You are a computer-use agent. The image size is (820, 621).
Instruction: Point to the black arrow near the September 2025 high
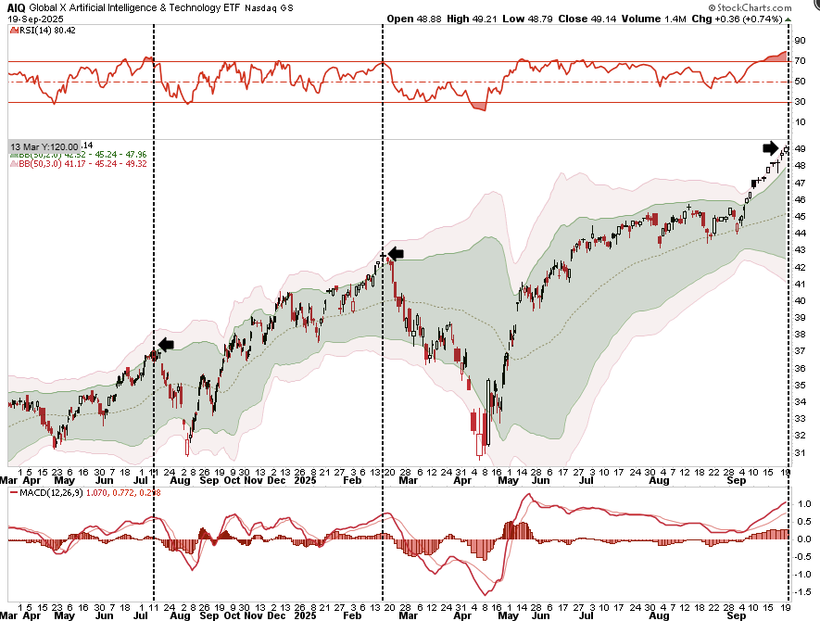point(771,147)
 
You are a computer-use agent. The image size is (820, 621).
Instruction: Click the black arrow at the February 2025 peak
point(396,253)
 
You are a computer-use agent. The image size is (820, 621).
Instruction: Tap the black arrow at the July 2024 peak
point(166,345)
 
